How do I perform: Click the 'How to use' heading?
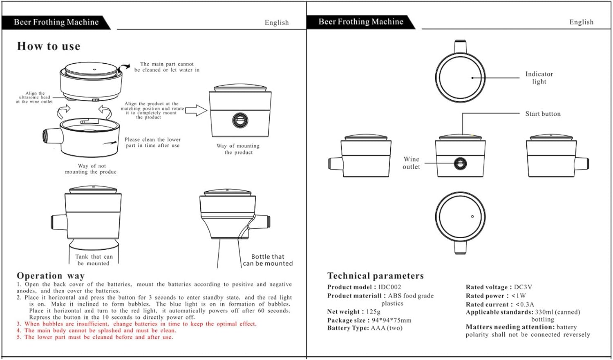(49, 46)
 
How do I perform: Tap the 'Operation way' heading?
(51, 275)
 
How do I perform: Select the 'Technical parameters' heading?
(375, 276)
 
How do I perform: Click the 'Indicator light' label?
(539, 78)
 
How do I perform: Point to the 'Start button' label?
(543, 114)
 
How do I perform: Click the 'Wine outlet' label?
(411, 163)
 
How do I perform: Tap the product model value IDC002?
(389, 287)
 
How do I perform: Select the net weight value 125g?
(373, 312)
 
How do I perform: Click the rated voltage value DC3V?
(523, 287)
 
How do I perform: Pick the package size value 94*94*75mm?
(391, 320)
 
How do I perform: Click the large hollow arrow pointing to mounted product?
(196, 110)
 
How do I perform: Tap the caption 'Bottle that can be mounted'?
(268, 260)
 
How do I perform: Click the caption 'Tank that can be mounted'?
(94, 260)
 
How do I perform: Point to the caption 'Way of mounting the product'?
(238, 149)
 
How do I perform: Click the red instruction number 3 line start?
(19, 324)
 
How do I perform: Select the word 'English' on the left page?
(277, 22)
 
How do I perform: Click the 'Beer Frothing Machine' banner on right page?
(361, 22)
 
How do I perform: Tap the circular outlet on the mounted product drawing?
(240, 120)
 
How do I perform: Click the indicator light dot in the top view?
(472, 78)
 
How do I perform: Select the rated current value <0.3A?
(525, 304)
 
